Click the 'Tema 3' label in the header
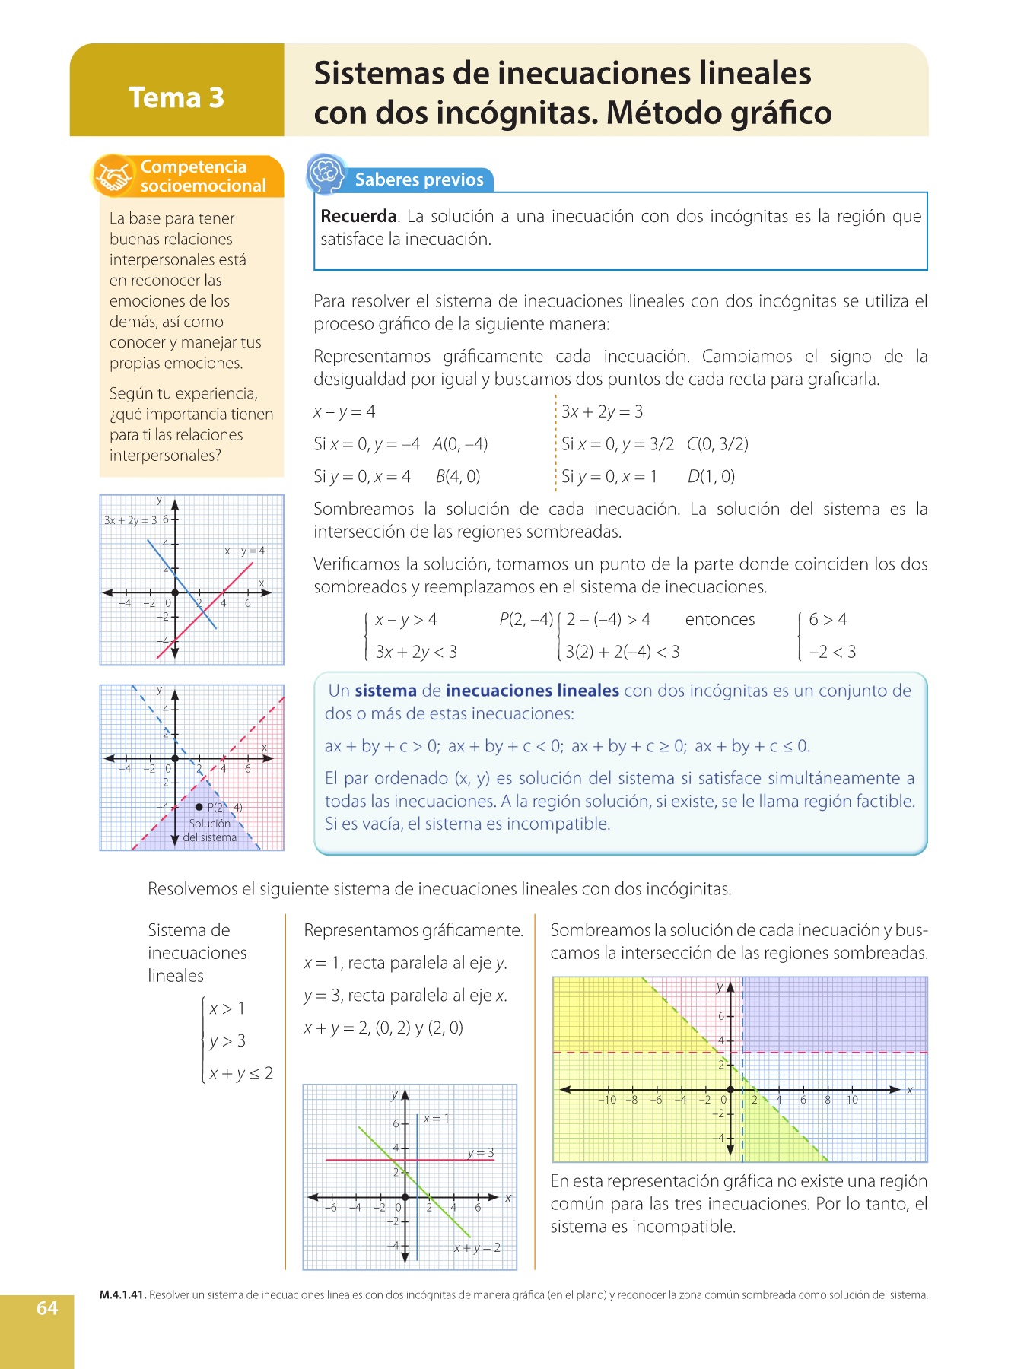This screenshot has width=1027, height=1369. [x=176, y=97]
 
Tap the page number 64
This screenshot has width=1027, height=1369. [x=47, y=1307]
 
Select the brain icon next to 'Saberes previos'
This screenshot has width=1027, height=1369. [x=326, y=174]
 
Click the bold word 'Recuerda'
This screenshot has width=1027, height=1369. [x=358, y=216]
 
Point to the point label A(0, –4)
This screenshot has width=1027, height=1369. [x=460, y=444]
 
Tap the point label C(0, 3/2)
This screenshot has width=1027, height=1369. [x=717, y=444]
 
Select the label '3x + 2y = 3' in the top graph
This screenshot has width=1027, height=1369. [x=130, y=520]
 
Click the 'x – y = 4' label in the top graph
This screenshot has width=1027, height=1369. [x=244, y=551]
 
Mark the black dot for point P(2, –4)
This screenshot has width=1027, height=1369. [x=199, y=807]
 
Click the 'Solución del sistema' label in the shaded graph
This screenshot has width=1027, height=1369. [x=210, y=831]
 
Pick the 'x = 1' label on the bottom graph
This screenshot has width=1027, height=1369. [x=436, y=1119]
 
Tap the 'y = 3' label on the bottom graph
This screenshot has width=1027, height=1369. [x=481, y=1153]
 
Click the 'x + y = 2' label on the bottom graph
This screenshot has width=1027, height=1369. [x=477, y=1248]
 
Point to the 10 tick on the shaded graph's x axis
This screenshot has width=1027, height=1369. [x=852, y=1100]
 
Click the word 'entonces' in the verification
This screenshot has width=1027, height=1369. [x=720, y=620]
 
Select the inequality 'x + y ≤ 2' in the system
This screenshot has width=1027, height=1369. [x=240, y=1074]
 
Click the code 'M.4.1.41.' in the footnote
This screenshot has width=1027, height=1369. [x=122, y=1295]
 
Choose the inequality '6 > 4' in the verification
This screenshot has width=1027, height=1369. [x=828, y=620]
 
